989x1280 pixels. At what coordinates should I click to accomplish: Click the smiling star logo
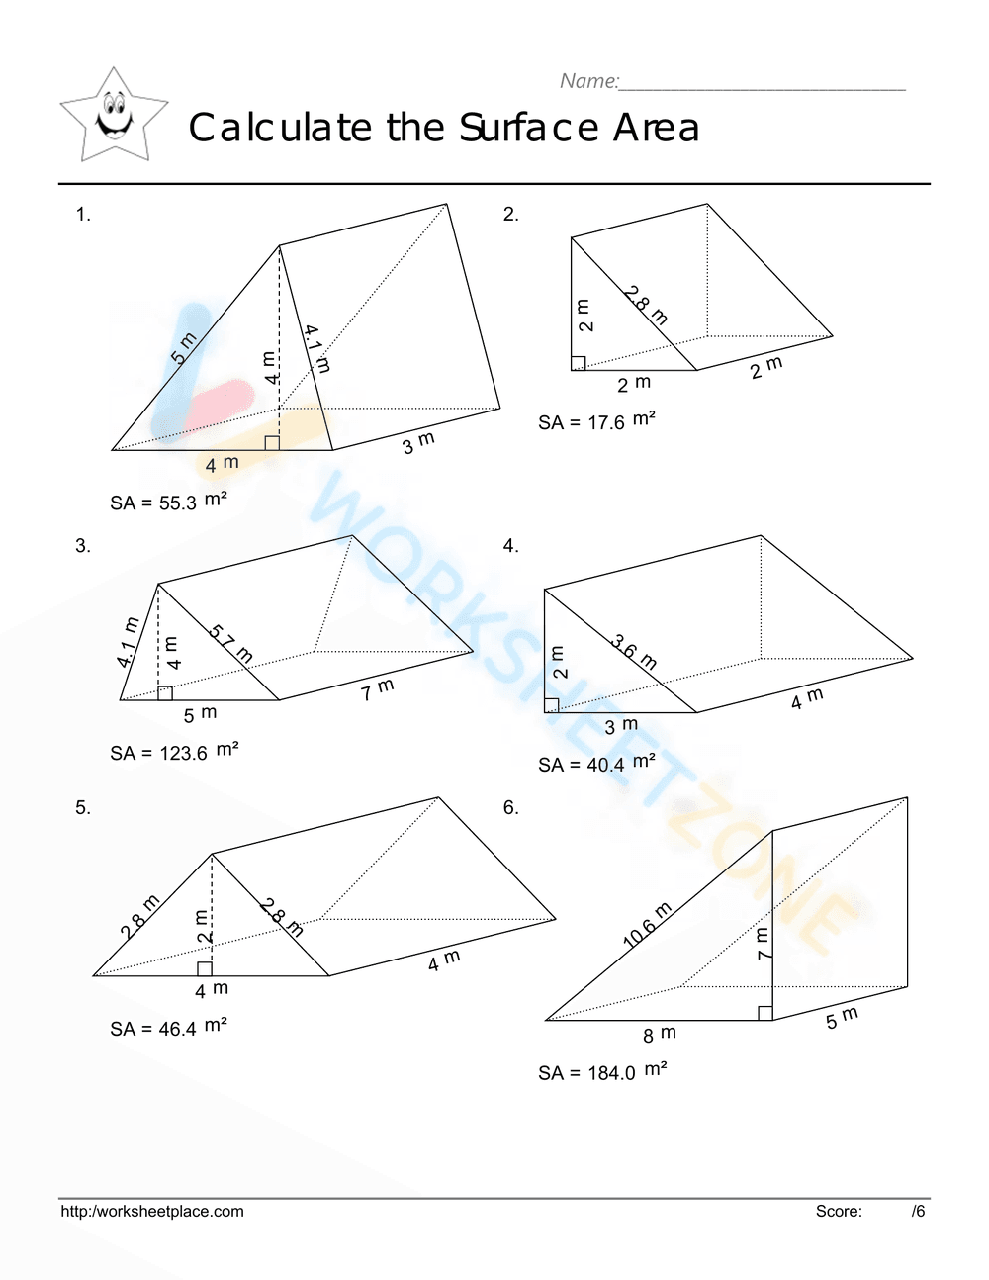(114, 117)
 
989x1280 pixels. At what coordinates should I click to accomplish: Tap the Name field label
(589, 81)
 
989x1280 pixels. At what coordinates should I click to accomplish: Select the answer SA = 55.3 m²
(168, 502)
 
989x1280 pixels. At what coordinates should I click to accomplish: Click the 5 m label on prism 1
(185, 349)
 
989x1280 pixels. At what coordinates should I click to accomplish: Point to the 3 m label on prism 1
(418, 443)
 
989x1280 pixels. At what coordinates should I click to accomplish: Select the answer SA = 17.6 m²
(596, 421)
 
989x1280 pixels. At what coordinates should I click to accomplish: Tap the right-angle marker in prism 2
(579, 363)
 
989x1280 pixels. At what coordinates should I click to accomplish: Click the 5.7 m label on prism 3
(231, 645)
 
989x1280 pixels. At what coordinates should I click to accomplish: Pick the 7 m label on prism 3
(377, 689)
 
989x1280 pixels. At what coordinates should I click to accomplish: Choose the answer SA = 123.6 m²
(174, 752)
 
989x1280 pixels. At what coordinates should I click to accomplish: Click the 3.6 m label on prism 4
(634, 652)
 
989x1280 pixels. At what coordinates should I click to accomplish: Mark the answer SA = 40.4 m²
(596, 764)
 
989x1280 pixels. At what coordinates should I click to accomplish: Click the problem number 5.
(82, 808)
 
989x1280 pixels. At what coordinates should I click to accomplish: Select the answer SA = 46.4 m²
(168, 1028)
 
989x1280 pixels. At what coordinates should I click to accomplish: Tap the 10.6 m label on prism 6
(648, 926)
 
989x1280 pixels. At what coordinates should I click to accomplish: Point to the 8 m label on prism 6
(660, 1035)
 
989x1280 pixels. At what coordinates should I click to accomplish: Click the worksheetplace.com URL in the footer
(152, 1211)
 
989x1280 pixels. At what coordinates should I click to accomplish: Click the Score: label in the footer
(839, 1211)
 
